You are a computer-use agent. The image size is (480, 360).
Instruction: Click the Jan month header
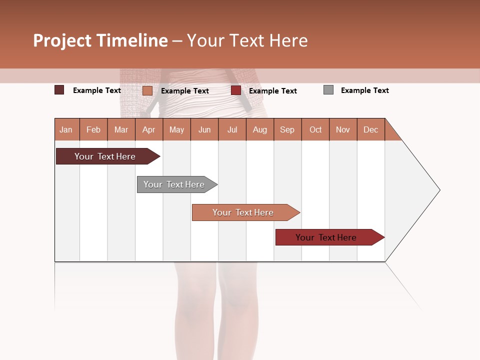(x=66, y=129)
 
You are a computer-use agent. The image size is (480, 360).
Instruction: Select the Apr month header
(x=149, y=129)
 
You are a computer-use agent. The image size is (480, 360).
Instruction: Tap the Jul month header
(x=232, y=129)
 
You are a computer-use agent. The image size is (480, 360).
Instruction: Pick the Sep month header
(x=287, y=129)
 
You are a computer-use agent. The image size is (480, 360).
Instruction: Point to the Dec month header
(x=370, y=129)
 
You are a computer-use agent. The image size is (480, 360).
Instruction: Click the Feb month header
(x=93, y=129)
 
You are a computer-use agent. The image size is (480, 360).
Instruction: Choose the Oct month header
(x=315, y=129)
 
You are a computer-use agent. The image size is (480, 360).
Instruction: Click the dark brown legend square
(x=59, y=90)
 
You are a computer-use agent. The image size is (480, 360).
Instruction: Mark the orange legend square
(x=147, y=90)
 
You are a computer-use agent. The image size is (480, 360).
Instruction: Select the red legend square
(x=236, y=90)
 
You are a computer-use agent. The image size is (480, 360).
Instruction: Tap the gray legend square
(x=328, y=90)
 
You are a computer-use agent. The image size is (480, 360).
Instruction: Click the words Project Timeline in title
(x=100, y=40)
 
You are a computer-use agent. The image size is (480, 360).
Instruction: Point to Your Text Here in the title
(x=247, y=40)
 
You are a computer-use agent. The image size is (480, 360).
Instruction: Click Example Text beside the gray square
(x=364, y=90)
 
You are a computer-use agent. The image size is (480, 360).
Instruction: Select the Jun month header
(x=204, y=129)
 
